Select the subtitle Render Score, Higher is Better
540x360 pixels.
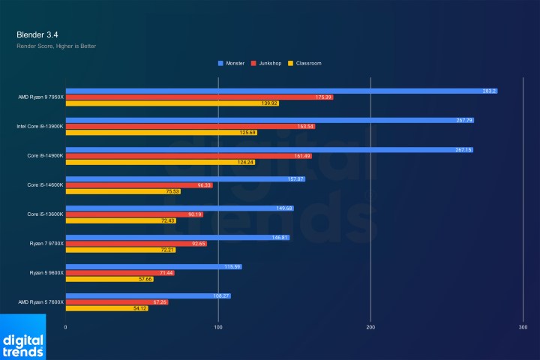coord(56,46)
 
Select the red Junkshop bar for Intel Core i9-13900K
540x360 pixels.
coord(190,126)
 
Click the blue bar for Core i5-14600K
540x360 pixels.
coord(185,178)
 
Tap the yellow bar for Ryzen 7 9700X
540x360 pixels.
coord(121,250)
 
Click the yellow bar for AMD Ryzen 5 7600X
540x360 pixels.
coord(107,308)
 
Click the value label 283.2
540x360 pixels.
coord(489,91)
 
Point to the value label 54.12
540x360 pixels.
coord(139,308)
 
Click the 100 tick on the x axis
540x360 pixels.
coord(218,328)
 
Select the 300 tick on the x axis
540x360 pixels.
coord(523,328)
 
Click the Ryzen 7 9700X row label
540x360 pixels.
coord(45,244)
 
